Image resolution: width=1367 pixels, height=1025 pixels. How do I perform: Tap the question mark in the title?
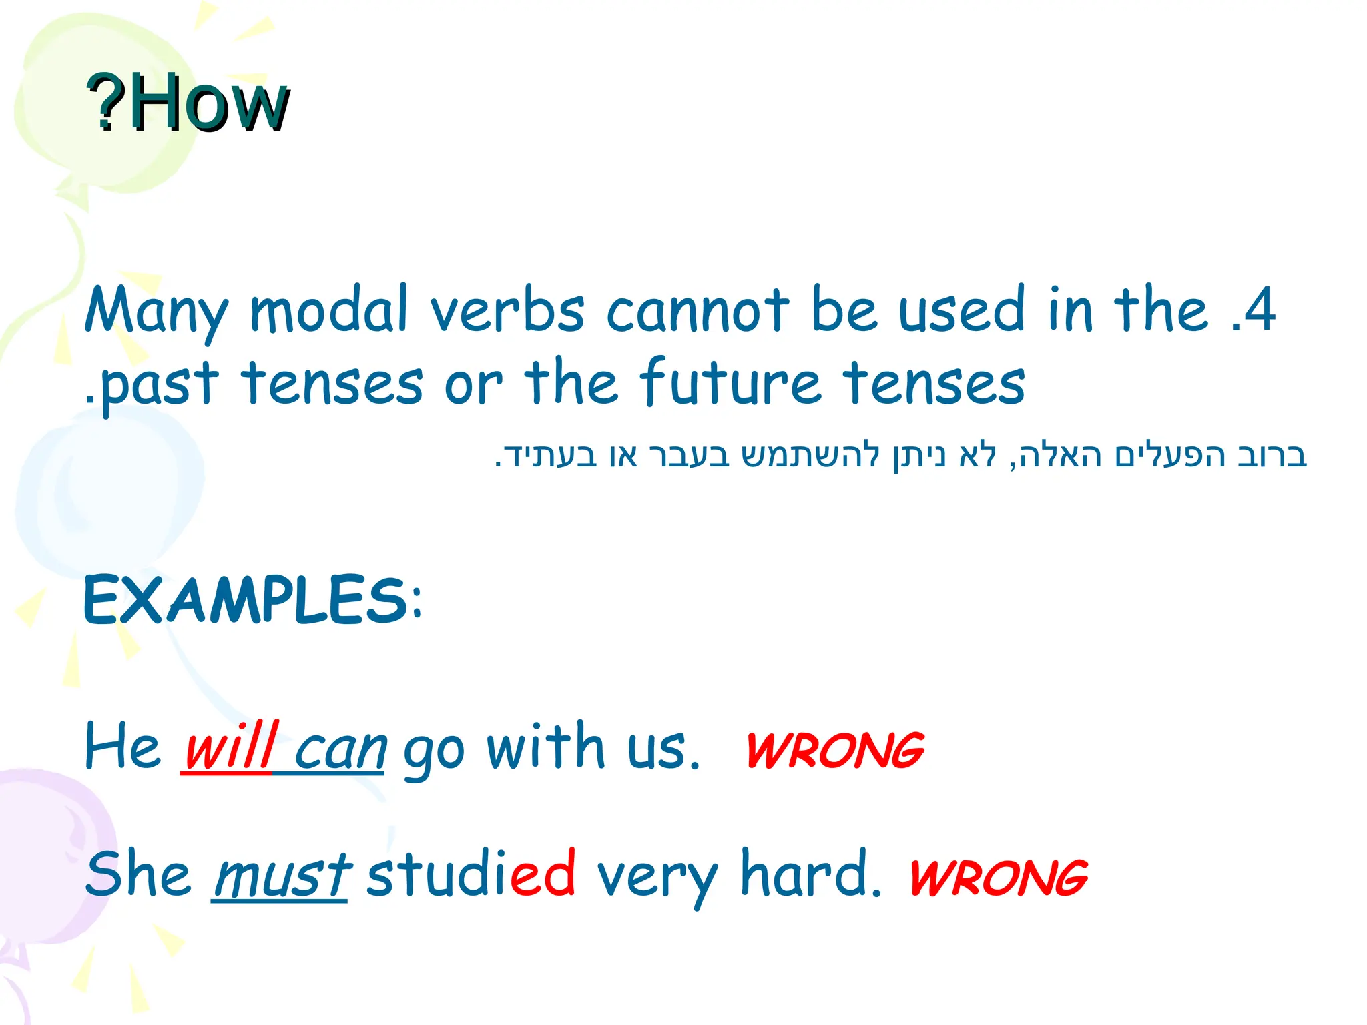(107, 103)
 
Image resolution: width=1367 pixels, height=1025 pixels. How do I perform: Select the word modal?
(328, 310)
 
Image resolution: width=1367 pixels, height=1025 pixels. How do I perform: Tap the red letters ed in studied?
(543, 874)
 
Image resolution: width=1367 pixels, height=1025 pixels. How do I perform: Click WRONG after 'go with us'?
(835, 751)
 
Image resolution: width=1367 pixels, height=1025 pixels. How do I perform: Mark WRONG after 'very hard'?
(999, 878)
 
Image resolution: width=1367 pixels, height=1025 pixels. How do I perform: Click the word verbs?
(507, 310)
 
